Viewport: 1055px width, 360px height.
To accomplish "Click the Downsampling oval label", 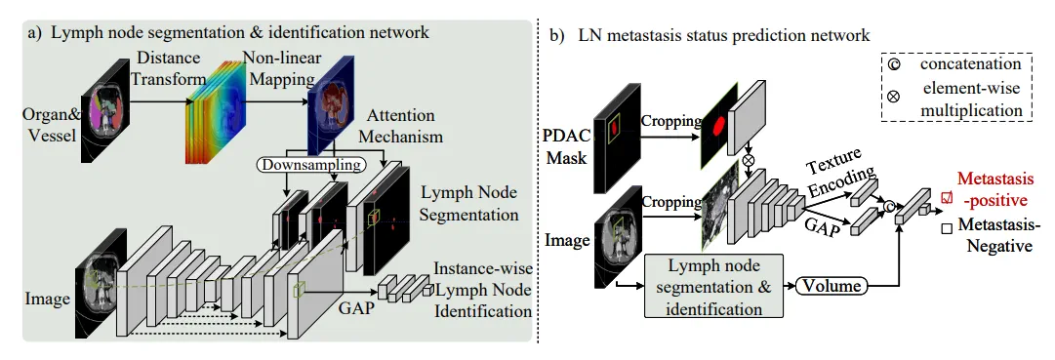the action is coord(311,164).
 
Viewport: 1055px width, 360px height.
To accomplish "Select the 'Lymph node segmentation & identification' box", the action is coord(713,286).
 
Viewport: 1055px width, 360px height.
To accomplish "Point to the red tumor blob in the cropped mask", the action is coord(716,125).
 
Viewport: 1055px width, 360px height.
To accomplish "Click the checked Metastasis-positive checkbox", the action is coord(948,197).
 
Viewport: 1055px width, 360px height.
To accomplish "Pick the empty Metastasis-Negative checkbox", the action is coord(947,229).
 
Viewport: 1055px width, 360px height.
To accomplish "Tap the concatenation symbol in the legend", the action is coord(894,65).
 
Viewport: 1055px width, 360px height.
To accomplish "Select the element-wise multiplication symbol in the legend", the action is coord(894,97).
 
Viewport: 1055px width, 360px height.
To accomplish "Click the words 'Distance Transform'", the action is coord(166,69).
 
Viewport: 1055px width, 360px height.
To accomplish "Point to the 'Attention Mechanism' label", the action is coord(401,126).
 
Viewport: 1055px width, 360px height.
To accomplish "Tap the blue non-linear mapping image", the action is coord(331,111).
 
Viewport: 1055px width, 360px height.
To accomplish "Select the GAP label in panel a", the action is coord(354,310).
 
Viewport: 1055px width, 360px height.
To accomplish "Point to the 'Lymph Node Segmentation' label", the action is coord(469,204).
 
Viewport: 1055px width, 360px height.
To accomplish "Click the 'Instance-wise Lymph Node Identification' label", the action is coord(483,290).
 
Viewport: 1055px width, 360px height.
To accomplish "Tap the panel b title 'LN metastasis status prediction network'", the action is coord(724,36).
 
